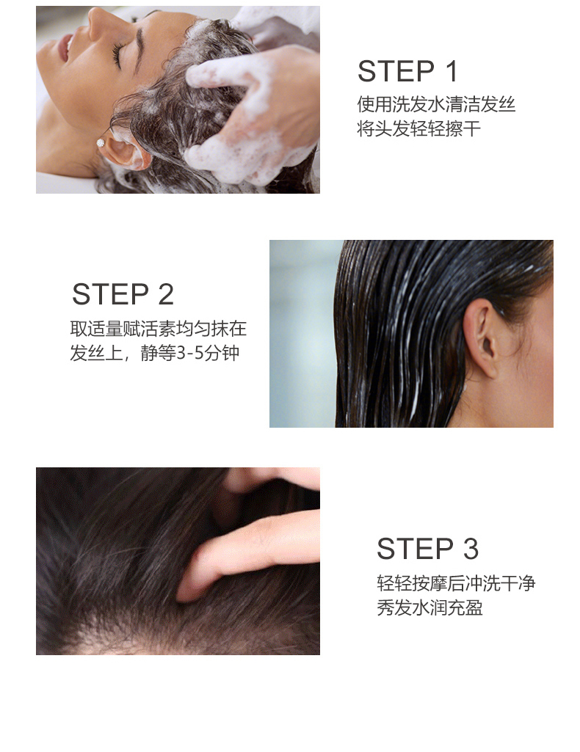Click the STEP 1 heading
(x=407, y=71)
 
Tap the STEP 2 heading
(x=123, y=294)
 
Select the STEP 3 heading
(x=427, y=549)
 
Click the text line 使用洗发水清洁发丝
(x=436, y=105)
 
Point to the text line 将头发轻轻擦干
(x=418, y=128)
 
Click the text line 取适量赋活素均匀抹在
(x=159, y=329)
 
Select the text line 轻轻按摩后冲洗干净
(x=456, y=583)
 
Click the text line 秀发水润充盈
(x=429, y=607)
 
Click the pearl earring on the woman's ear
(x=101, y=143)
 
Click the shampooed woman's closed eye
(x=117, y=54)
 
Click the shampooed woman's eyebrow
(x=139, y=48)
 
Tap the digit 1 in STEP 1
(x=452, y=71)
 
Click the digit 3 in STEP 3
(x=471, y=549)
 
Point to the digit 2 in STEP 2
(x=165, y=294)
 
